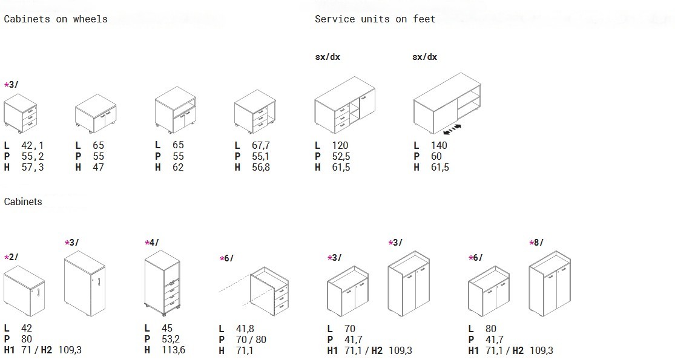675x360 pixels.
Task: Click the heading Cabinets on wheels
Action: (x=56, y=19)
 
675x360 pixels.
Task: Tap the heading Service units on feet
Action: (x=375, y=19)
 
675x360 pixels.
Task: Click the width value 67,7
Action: (x=261, y=145)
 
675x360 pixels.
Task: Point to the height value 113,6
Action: (x=174, y=350)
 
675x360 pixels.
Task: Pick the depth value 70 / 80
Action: (x=251, y=339)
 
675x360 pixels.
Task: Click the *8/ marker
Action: (x=536, y=243)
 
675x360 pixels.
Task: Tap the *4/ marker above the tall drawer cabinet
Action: (x=152, y=243)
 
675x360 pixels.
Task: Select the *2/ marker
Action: (x=11, y=257)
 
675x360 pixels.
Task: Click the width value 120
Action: (x=340, y=145)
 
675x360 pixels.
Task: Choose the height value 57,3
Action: (x=33, y=168)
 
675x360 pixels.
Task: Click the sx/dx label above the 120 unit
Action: (x=328, y=57)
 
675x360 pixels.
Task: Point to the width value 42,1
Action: (x=33, y=145)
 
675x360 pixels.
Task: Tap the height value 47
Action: (x=98, y=168)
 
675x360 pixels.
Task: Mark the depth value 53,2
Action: (x=171, y=339)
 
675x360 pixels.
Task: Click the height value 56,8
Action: (x=261, y=168)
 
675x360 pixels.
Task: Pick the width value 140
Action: (x=439, y=145)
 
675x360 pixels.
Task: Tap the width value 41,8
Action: (x=245, y=329)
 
